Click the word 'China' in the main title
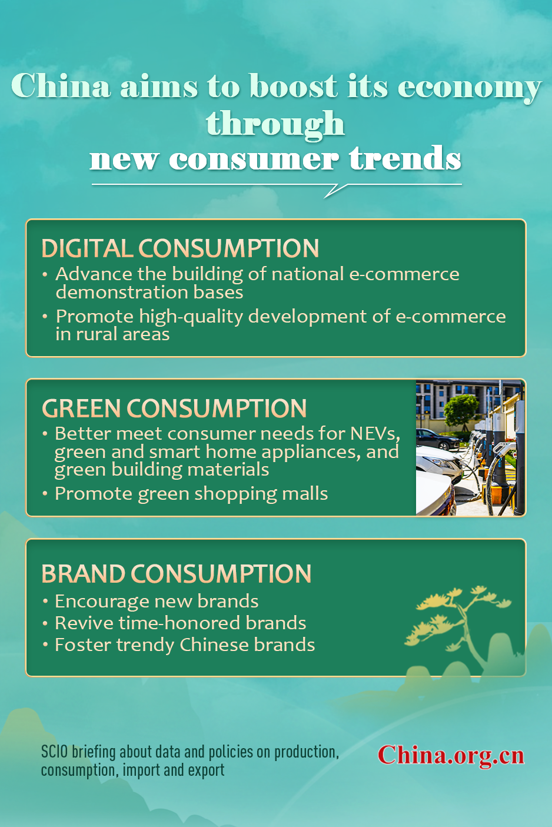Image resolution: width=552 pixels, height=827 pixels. tap(61, 86)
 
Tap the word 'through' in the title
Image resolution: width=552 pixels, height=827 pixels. tap(275, 124)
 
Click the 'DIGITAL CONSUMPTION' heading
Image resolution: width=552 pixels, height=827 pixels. tap(180, 248)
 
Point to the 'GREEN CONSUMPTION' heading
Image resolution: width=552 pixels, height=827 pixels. tap(174, 408)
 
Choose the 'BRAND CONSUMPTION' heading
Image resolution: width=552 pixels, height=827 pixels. tap(177, 574)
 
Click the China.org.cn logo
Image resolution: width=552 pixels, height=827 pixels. tap(451, 755)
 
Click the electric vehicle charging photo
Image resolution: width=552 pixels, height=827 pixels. tap(470, 447)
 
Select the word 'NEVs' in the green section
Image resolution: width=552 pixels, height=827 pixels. tap(375, 433)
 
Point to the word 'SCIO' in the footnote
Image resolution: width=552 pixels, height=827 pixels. tap(55, 751)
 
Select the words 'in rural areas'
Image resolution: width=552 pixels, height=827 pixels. tap(112, 334)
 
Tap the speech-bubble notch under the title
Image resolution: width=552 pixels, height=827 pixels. tap(336, 191)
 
